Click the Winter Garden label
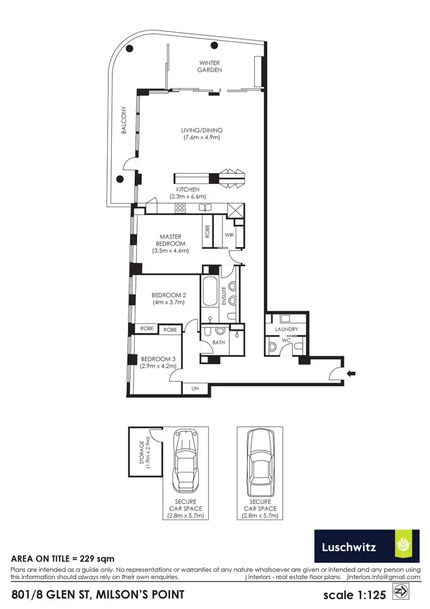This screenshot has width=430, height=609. coord(210,67)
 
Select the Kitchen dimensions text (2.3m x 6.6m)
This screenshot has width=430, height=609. coord(187,196)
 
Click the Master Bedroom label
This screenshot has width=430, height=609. coord(170,240)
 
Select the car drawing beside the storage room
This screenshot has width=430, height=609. coord(185,459)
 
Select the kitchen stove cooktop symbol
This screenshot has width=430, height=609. coord(180,208)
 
